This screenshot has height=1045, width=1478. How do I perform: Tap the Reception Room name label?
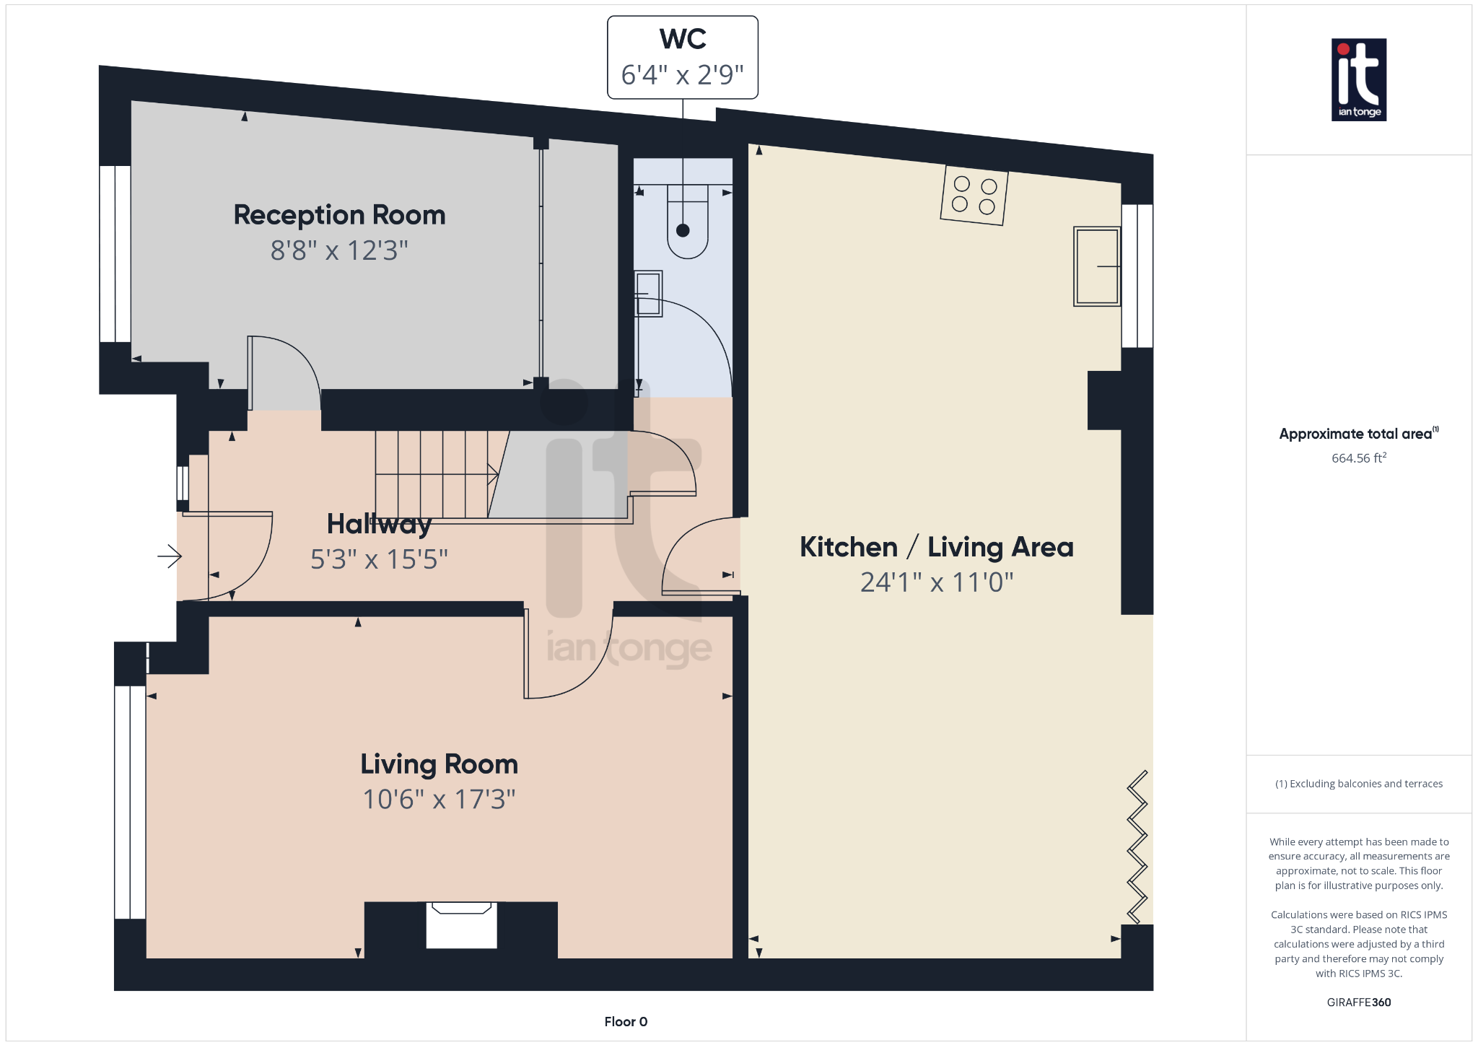pos(339,215)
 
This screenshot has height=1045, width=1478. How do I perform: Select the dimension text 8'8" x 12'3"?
pos(339,250)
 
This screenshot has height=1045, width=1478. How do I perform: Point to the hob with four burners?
pos(974,196)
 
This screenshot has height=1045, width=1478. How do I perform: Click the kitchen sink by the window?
pos(1096,266)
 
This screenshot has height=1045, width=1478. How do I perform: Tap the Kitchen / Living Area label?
pos(936,547)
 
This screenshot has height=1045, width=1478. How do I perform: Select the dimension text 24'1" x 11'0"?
pos(936,582)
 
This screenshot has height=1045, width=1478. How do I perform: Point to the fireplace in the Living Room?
pos(461,925)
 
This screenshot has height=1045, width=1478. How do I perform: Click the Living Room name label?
pos(439,764)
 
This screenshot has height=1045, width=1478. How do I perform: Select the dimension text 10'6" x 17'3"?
pos(439,800)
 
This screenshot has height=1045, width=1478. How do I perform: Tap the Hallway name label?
pos(379,524)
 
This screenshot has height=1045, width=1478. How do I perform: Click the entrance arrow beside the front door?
pos(170,556)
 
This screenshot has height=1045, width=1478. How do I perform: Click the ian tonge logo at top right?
pos(1358,79)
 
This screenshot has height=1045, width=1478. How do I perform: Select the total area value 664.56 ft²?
pos(1358,458)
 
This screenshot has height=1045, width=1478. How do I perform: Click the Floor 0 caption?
pos(626,1021)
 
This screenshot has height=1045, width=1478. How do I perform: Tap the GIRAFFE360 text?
pos(1358,1002)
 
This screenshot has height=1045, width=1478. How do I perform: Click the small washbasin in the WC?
pos(648,294)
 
